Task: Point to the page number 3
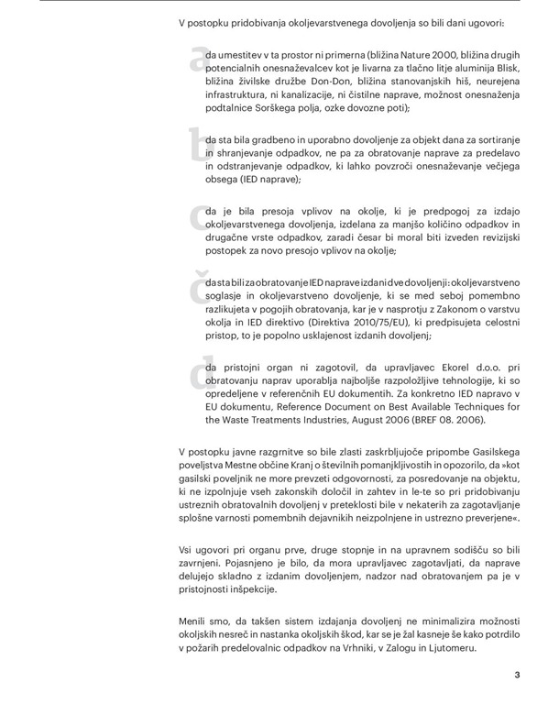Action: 517,676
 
